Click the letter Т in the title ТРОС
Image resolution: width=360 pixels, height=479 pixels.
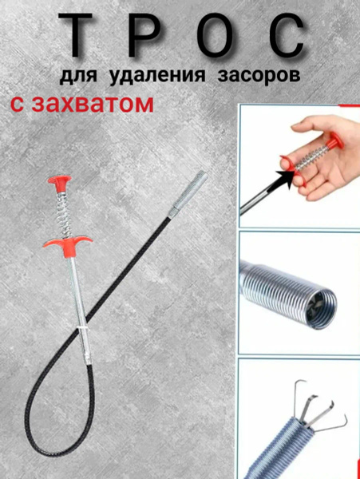pos(75,35)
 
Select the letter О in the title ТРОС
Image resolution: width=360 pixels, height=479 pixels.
pos(216,35)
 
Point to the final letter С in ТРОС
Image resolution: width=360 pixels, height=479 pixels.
pos(287,35)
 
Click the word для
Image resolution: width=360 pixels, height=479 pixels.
pos(78,76)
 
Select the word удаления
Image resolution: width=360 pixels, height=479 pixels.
pos(157,76)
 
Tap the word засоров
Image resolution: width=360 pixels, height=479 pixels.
pos(259,76)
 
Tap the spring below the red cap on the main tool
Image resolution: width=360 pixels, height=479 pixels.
pos(65,214)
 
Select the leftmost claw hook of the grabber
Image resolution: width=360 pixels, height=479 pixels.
pos(299,397)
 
